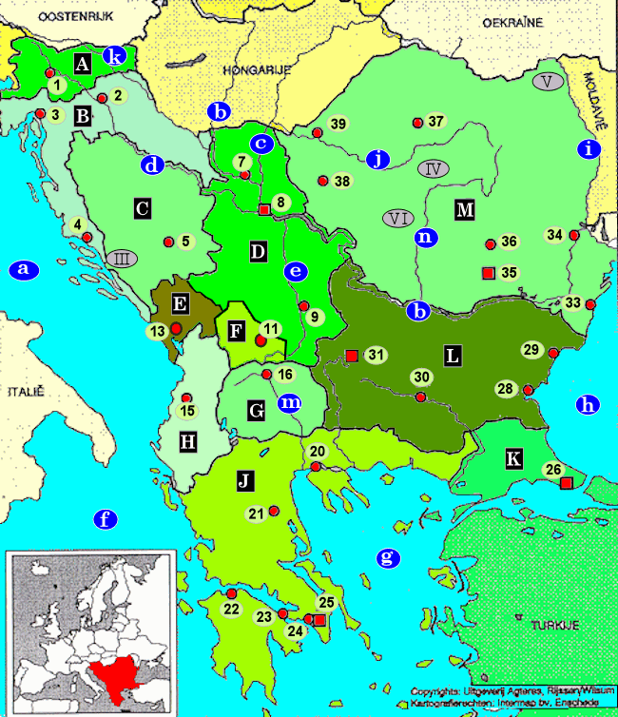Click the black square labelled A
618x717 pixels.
[82, 65]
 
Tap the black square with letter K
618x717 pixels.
[514, 459]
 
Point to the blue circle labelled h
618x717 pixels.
[589, 404]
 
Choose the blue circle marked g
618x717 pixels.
[387, 557]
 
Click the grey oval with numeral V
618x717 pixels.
[548, 81]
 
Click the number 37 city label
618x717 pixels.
[436, 122]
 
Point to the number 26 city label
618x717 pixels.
[550, 469]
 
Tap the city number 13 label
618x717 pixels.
[156, 330]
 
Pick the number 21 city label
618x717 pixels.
[256, 514]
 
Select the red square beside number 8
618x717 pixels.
[264, 209]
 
